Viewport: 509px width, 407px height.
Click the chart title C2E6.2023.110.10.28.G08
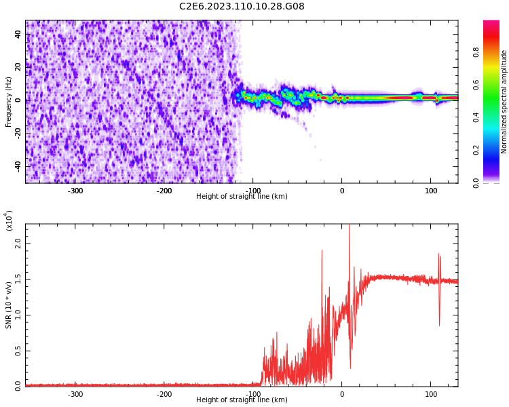pyautogui.click(x=242, y=7)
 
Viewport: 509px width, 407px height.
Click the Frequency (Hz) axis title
pyautogui.click(x=9, y=102)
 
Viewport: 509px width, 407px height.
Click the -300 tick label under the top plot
pyautogui.click(x=75, y=191)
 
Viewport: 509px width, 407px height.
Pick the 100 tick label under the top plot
pyautogui.click(x=431, y=191)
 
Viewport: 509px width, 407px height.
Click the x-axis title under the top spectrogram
pyautogui.click(x=242, y=197)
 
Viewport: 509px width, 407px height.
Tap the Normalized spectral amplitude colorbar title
pyautogui.click(x=504, y=102)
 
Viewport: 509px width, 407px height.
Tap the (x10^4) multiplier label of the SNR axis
pyautogui.click(x=9, y=220)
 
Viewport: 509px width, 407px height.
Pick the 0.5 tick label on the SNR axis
pyautogui.click(x=17, y=351)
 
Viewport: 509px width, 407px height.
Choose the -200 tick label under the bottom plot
pyautogui.click(x=164, y=394)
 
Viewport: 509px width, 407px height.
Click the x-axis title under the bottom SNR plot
pyautogui.click(x=242, y=400)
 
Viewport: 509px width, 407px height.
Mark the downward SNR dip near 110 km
pyautogui.click(x=439, y=324)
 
